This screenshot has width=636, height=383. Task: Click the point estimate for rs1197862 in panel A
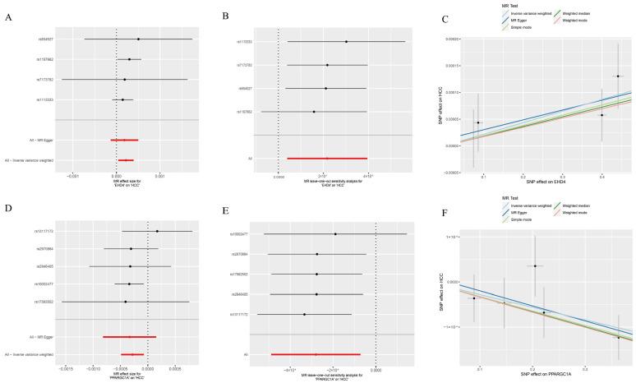click(129, 59)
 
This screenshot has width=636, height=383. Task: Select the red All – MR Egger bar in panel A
click(125, 141)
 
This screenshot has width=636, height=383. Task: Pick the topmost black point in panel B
click(346, 42)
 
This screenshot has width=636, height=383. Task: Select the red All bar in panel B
click(327, 158)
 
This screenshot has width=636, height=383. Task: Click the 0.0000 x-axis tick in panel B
click(279, 176)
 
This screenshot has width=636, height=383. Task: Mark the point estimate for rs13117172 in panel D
click(157, 231)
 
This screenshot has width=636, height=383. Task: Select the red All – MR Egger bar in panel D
click(129, 337)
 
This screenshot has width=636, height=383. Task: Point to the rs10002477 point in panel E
click(335, 234)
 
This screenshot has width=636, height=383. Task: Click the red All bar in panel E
click(316, 355)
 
